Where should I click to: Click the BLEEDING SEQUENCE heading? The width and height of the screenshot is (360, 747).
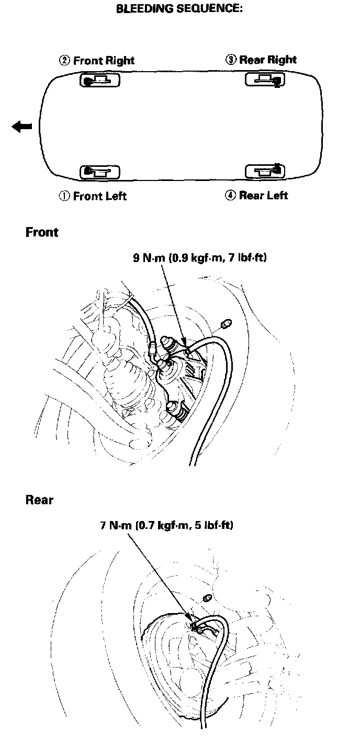[179, 9]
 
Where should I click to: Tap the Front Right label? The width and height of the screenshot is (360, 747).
[104, 61]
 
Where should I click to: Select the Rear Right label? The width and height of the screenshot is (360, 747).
[268, 60]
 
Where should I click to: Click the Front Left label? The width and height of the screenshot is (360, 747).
[99, 196]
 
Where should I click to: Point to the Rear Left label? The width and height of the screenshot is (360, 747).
[263, 196]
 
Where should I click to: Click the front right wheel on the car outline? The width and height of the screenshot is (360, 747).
[99, 80]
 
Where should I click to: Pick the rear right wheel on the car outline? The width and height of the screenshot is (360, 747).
[265, 80]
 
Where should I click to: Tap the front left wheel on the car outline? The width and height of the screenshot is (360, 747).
[99, 172]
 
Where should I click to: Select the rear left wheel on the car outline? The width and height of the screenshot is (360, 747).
[265, 171]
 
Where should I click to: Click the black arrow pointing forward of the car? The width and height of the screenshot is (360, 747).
[22, 127]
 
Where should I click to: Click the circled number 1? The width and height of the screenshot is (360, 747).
[64, 197]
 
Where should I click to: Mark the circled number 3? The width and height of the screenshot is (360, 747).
[230, 60]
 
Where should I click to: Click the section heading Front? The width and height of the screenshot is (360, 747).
[42, 232]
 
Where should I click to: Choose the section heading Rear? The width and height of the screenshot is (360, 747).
[39, 500]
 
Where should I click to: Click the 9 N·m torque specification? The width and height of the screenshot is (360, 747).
[199, 258]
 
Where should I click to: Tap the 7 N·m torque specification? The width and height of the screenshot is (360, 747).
[166, 525]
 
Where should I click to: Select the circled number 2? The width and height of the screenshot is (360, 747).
[64, 61]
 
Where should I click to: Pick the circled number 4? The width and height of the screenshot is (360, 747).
[230, 196]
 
